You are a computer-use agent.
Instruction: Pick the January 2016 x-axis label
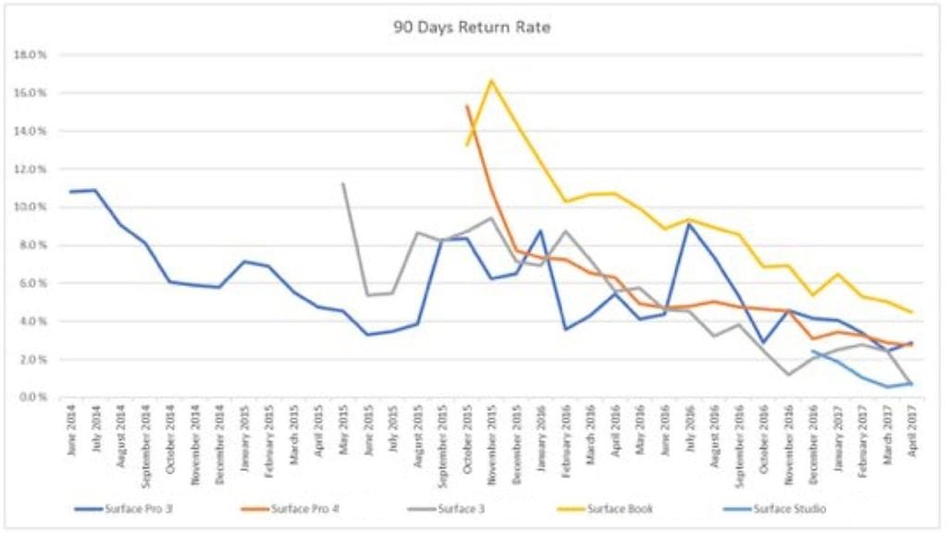pyautogui.click(x=541, y=430)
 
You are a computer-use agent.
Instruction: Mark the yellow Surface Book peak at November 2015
pyautogui.click(x=491, y=81)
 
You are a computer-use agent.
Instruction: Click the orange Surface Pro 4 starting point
pyautogui.click(x=467, y=106)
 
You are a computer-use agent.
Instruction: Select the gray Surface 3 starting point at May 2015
pyautogui.click(x=343, y=183)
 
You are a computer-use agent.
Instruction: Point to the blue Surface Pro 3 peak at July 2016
pyautogui.click(x=689, y=224)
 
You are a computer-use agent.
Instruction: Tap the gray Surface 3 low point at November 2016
pyautogui.click(x=787, y=374)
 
